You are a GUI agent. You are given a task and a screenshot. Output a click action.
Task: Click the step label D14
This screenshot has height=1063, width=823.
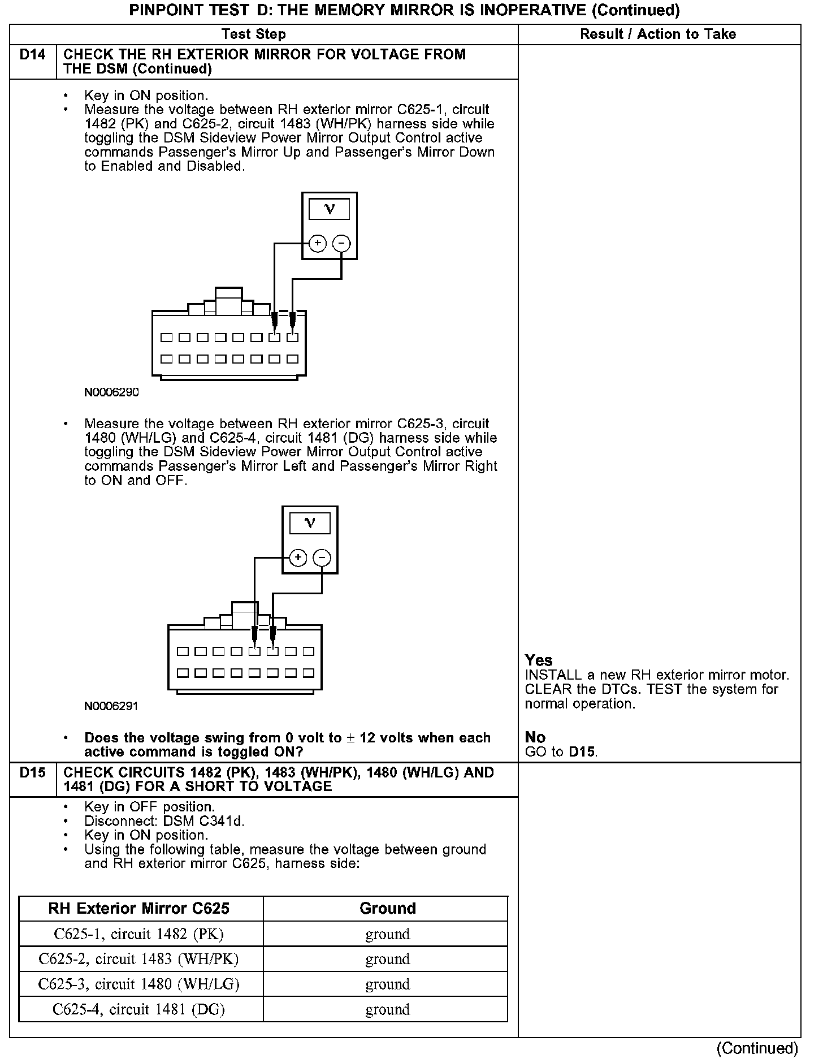pyautogui.click(x=33, y=55)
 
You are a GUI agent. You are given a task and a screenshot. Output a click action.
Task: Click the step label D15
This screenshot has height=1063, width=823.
pyautogui.click(x=33, y=772)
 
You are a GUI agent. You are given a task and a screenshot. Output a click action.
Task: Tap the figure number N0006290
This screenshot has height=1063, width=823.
pyautogui.click(x=111, y=392)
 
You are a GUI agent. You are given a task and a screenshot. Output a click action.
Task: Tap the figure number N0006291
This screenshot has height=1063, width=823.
pyautogui.click(x=111, y=706)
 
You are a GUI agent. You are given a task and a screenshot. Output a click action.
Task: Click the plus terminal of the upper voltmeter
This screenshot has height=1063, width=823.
pyautogui.click(x=318, y=244)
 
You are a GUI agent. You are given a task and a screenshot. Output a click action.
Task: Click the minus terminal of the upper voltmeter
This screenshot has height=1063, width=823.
pyautogui.click(x=341, y=244)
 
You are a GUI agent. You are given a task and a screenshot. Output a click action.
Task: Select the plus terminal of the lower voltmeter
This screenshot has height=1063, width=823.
pyautogui.click(x=298, y=558)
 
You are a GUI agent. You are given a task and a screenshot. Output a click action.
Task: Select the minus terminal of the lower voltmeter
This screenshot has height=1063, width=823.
pyautogui.click(x=322, y=558)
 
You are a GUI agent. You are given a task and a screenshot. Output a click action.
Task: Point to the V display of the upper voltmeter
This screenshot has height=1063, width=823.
pyautogui.click(x=330, y=210)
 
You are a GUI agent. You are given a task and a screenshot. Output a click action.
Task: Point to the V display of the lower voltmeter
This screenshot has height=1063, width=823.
pyautogui.click(x=310, y=524)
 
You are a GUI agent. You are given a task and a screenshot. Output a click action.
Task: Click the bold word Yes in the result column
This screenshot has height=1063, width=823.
pyautogui.click(x=539, y=660)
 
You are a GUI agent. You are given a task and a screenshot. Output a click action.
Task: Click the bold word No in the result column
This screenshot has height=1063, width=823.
pyautogui.click(x=535, y=737)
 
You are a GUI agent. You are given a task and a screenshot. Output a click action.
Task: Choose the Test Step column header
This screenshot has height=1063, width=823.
pyautogui.click(x=254, y=34)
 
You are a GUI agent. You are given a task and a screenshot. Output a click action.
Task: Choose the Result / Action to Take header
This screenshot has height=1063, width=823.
pyautogui.click(x=658, y=34)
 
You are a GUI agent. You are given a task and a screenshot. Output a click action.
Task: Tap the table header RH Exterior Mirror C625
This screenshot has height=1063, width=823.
pyautogui.click(x=139, y=908)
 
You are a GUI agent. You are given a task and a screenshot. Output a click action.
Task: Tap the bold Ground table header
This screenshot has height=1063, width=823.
pyautogui.click(x=387, y=908)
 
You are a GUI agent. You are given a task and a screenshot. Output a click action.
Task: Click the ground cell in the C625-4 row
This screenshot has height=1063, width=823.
pyautogui.click(x=387, y=1009)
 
